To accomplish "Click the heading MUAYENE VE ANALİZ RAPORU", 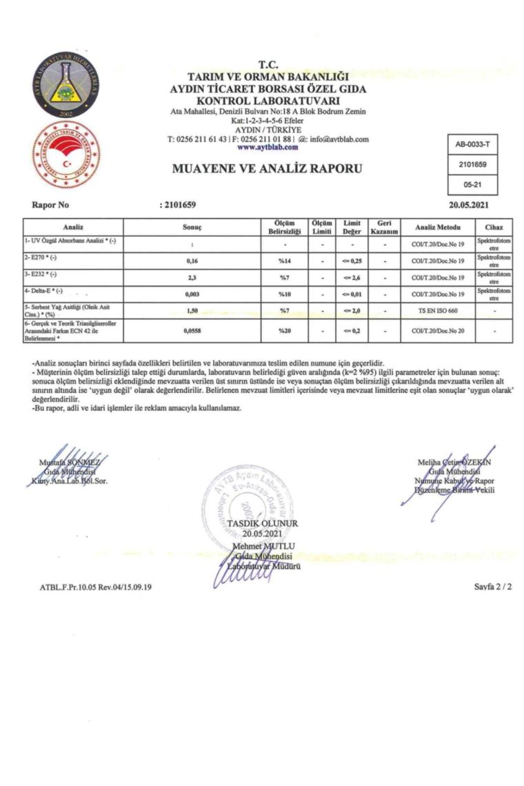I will click(267, 168).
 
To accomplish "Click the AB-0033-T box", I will click(472, 145).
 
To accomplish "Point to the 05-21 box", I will click(472, 185).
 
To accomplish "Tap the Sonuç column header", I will click(192, 228).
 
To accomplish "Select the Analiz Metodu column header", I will click(437, 228).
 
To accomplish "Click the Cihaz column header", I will click(494, 228).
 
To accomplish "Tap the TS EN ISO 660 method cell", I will click(437, 311).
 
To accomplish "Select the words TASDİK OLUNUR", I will click(262, 523).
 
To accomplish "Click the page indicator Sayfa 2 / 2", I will click(492, 587).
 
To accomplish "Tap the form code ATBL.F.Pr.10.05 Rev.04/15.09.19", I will click(96, 587).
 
